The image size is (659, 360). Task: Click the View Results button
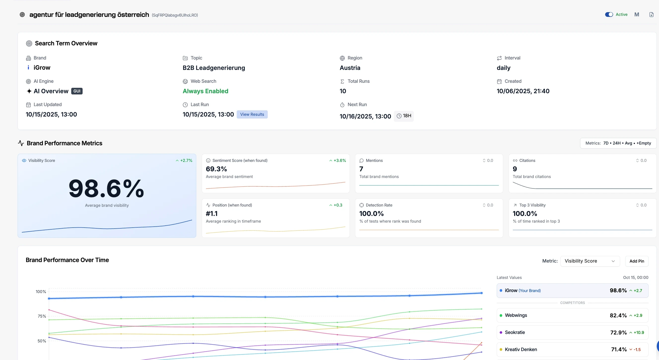[252, 114]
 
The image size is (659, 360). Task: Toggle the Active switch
[609, 15]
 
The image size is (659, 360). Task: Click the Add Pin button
[636, 261]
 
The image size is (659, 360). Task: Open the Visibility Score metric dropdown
[590, 261]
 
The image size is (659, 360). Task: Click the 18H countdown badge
[404, 116]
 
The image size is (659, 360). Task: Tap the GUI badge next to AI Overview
[77, 91]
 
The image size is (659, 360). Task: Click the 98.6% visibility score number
[106, 189]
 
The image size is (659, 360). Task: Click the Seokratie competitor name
[515, 332]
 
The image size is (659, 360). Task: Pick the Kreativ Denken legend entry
[521, 350]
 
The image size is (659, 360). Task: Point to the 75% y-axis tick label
[42, 316]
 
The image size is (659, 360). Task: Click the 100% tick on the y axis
[41, 292]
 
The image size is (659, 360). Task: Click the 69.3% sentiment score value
[216, 169]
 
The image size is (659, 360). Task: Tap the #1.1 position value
[212, 213]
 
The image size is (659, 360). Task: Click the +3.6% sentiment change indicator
[338, 161]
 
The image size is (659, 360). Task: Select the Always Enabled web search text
[205, 91]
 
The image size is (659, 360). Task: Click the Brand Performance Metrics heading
[64, 143]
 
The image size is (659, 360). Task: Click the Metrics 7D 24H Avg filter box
[618, 143]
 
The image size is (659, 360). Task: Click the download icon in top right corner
[651, 15]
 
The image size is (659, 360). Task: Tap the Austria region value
[350, 68]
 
